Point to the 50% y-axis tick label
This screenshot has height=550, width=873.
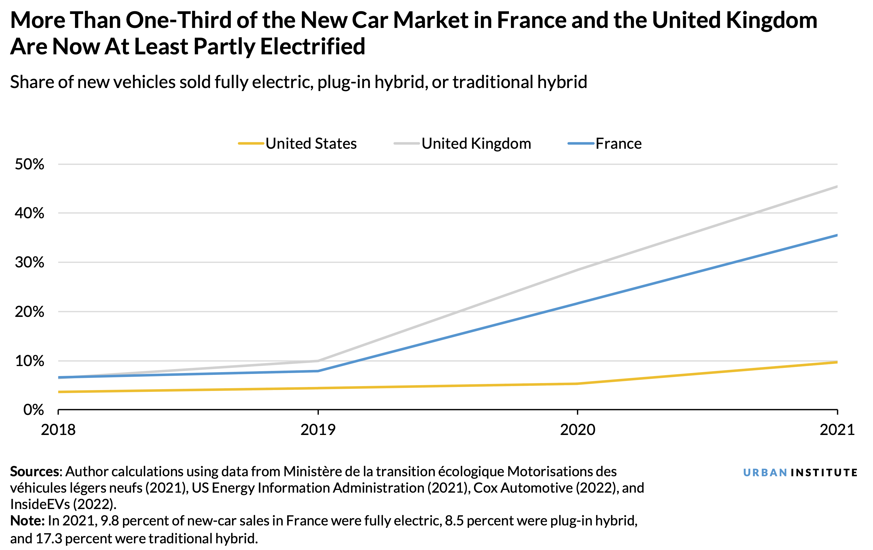click(29, 165)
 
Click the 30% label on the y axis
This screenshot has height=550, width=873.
click(29, 262)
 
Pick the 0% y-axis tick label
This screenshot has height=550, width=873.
click(33, 410)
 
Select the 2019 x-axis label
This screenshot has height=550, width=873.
click(318, 430)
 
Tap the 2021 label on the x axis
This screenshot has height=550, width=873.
click(837, 430)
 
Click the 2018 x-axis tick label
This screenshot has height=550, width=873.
click(58, 430)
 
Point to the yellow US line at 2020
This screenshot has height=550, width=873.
click(577, 384)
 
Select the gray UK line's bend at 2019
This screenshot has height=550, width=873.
click(318, 361)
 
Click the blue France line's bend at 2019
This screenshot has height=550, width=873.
click(318, 371)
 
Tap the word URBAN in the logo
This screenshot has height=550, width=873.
click(765, 473)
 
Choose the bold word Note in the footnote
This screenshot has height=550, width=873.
click(26, 521)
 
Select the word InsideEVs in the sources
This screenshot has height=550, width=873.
click(40, 504)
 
